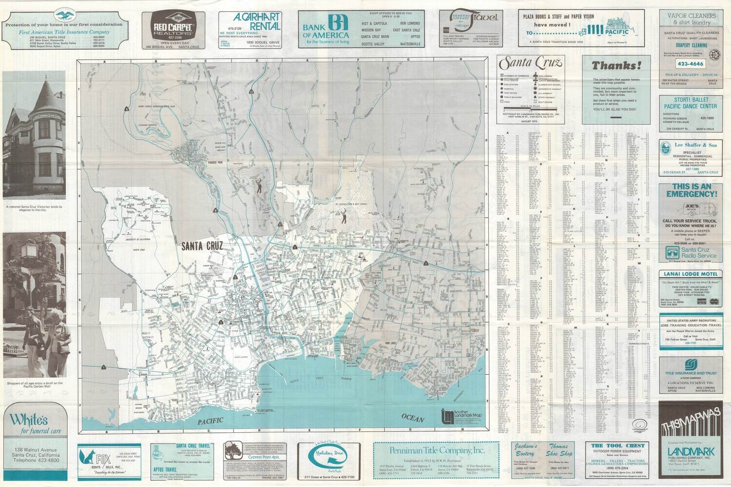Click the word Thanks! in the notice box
click(x=616, y=65)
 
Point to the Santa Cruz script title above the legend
click(x=531, y=62)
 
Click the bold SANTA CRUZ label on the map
click(x=202, y=246)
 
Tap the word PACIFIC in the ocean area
click(x=211, y=420)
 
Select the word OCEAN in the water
click(x=413, y=418)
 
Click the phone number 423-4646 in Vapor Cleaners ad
click(x=689, y=63)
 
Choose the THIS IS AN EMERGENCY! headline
click(x=692, y=190)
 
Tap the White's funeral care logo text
click(x=28, y=419)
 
